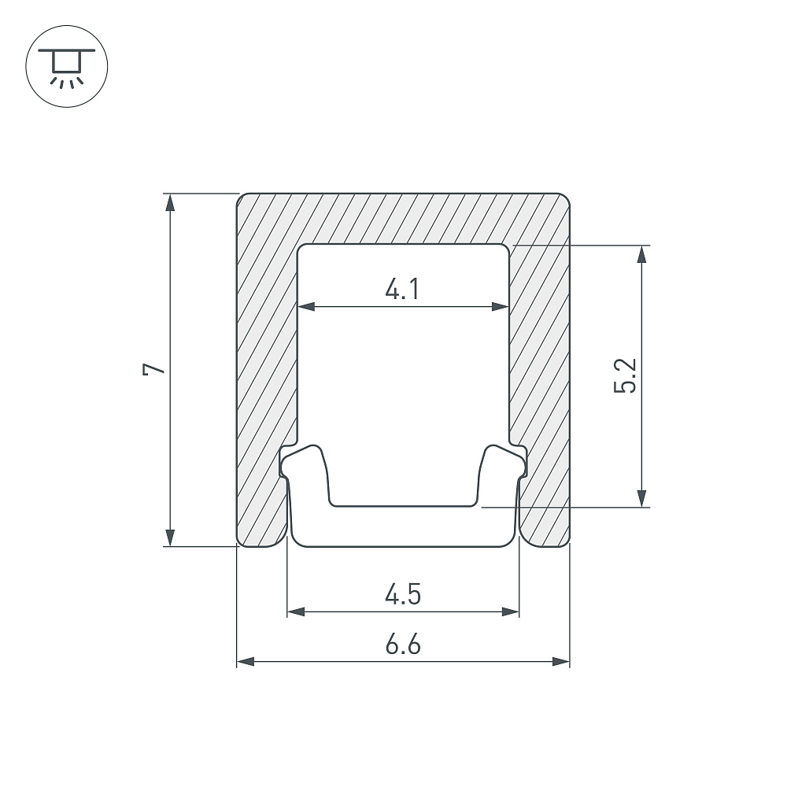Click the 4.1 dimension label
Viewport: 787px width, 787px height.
(x=402, y=290)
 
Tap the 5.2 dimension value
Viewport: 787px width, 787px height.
(x=626, y=375)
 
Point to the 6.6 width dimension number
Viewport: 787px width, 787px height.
(x=403, y=645)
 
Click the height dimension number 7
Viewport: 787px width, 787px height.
(x=153, y=369)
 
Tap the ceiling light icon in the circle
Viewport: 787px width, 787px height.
(x=67, y=67)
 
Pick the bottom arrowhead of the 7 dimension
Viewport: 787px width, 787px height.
(x=170, y=537)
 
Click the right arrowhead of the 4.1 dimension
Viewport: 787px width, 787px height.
(x=501, y=307)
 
